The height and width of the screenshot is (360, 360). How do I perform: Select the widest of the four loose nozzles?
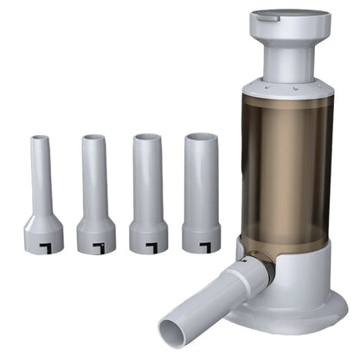coord(202,186)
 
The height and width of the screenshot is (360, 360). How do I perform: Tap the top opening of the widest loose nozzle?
coord(202,138)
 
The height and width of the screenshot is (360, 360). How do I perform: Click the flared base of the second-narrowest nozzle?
coord(95,235)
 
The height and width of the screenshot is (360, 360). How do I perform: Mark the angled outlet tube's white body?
coord(216,299)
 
